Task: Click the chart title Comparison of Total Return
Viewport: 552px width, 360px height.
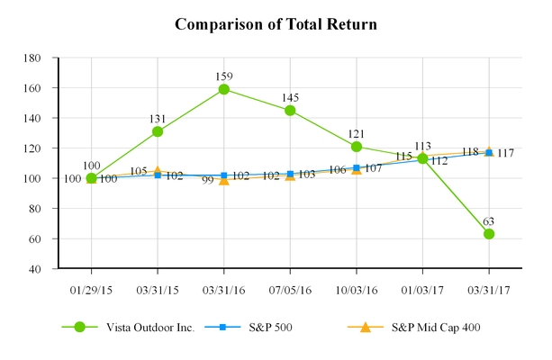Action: pyautogui.click(x=276, y=23)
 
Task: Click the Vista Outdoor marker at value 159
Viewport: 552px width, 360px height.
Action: pyautogui.click(x=224, y=89)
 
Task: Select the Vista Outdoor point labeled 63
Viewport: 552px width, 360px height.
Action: pyautogui.click(x=489, y=234)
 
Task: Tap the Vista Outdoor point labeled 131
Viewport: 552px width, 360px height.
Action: pyautogui.click(x=158, y=131)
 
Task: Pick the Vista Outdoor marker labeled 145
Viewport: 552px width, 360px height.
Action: pyautogui.click(x=290, y=111)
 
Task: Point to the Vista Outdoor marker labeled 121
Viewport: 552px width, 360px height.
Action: pyautogui.click(x=357, y=147)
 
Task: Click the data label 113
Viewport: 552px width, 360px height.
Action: pyautogui.click(x=422, y=146)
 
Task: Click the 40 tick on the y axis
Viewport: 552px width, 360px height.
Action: pyautogui.click(x=41, y=268)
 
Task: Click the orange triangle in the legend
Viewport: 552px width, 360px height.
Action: pyautogui.click(x=365, y=327)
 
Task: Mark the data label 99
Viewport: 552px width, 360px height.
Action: pyautogui.click(x=207, y=180)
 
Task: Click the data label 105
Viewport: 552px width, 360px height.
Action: pyautogui.click(x=140, y=171)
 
